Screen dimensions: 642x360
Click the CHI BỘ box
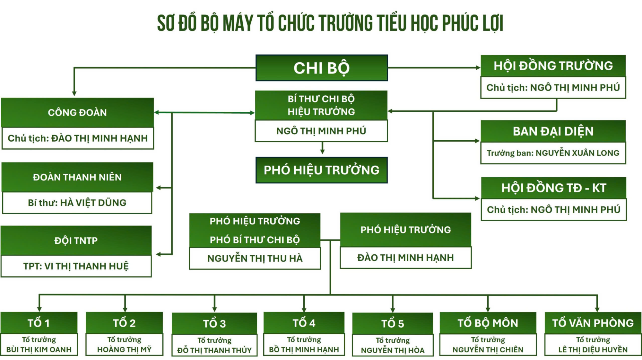click(x=322, y=68)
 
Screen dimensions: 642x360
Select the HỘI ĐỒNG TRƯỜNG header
click(x=553, y=66)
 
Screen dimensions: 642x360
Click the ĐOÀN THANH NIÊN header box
click(x=77, y=177)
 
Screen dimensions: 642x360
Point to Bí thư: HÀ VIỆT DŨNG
click(x=77, y=203)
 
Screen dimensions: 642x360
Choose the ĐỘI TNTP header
click(x=76, y=241)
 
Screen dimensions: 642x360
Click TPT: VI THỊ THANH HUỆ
click(x=76, y=266)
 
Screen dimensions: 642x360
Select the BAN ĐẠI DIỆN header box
click(x=553, y=131)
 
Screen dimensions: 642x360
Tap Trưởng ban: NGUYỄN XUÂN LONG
click(x=553, y=153)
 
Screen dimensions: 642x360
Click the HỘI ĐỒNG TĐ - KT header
click(x=554, y=188)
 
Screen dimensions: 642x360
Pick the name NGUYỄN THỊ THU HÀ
click(x=255, y=259)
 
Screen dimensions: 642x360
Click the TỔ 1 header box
click(x=39, y=323)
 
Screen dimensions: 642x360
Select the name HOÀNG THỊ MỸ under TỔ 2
click(x=124, y=349)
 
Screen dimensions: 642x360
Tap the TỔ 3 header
click(x=214, y=323)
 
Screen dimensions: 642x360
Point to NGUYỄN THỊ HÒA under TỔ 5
click(x=393, y=350)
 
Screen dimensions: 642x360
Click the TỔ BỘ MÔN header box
click(x=488, y=323)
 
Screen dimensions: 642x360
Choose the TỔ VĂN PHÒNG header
click(x=593, y=323)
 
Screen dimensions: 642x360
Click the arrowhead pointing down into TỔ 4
click(x=304, y=309)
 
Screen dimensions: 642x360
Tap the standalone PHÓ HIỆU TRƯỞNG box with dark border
click(x=322, y=170)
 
